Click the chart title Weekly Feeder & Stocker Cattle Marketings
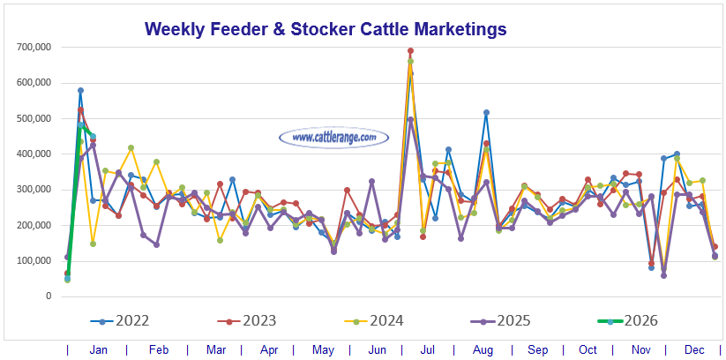pos(326,29)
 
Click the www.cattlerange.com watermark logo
pos(333,138)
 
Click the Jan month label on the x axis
pos(99,350)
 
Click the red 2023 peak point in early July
pos(410,51)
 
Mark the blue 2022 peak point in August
pos(486,113)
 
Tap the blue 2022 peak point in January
pos(80,90)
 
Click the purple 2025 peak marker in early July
pos(410,119)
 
